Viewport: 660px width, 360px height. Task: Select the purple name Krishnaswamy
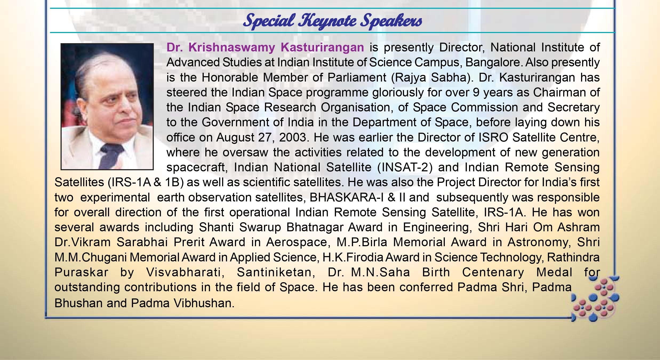pyautogui.click(x=232, y=48)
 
